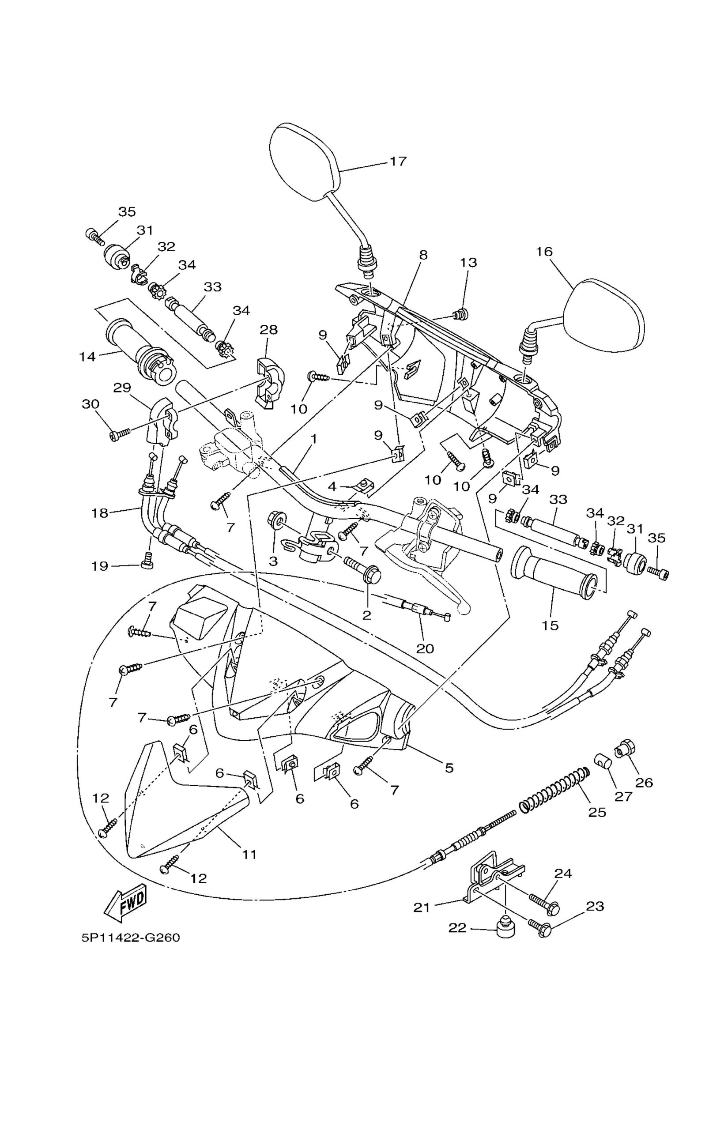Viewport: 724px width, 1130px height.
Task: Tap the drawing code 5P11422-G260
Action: coord(131,937)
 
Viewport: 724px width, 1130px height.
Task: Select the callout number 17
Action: coord(398,161)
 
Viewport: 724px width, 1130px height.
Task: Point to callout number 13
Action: coord(468,263)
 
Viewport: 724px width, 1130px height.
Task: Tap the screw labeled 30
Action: coord(121,434)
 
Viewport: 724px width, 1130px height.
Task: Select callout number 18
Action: coord(100,513)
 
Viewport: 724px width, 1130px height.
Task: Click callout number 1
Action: coord(313,439)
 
